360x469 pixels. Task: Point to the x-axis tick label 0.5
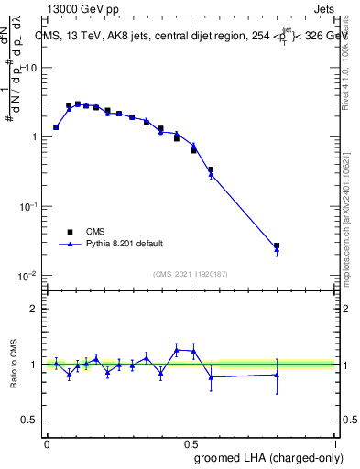[191, 443]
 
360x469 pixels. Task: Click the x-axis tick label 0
[48, 443]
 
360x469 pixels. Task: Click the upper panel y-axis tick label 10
[30, 68]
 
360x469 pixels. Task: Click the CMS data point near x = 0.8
[277, 245]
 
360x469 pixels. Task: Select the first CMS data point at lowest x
[56, 127]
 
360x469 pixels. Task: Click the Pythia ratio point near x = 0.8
[277, 374]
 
